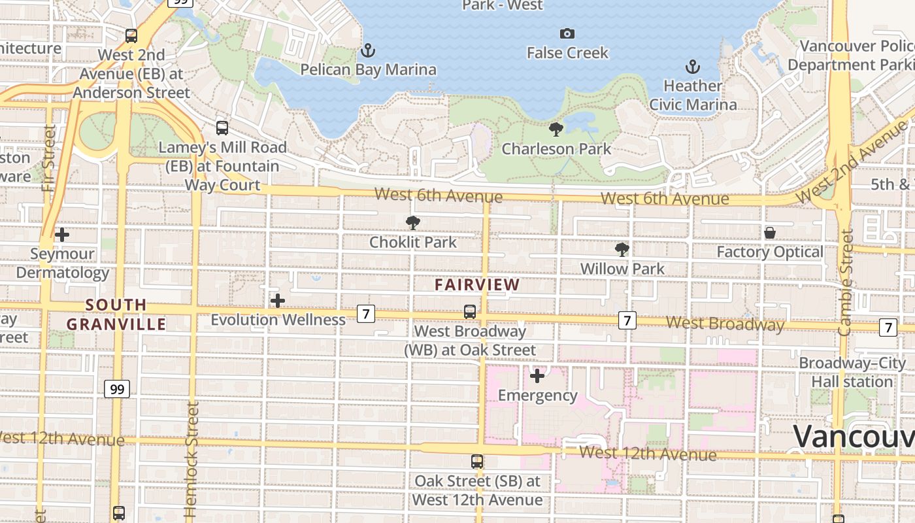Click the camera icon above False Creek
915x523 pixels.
[x=567, y=33]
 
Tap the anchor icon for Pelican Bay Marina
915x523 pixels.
[x=368, y=50]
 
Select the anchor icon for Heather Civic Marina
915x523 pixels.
[x=692, y=67]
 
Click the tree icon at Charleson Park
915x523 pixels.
[x=556, y=129]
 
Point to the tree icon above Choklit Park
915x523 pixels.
[x=412, y=223]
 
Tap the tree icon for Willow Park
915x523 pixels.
[x=622, y=249]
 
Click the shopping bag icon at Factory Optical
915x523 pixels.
[x=770, y=233]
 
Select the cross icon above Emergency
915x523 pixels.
[x=537, y=376]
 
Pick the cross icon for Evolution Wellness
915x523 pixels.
[x=278, y=301]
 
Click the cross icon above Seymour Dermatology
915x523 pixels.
[x=62, y=234]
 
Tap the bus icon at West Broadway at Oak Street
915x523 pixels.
[x=470, y=312]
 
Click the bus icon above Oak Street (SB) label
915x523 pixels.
[x=477, y=462]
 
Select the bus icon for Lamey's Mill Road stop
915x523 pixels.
[x=222, y=128]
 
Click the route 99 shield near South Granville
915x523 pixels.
[x=117, y=390]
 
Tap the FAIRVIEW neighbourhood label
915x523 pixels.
[x=477, y=285]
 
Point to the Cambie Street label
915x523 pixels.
[x=846, y=282]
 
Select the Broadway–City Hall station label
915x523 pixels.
[x=852, y=372]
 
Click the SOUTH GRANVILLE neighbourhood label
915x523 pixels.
[x=116, y=314]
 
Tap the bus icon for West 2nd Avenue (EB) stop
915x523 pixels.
[x=131, y=36]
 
